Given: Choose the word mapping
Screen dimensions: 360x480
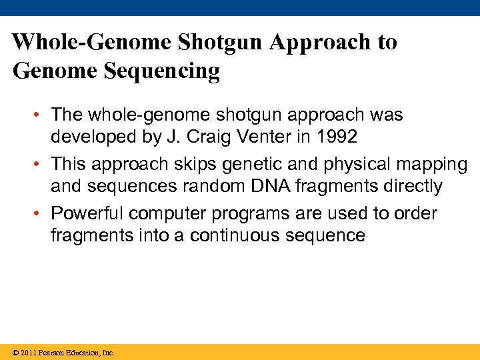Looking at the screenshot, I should tap(435, 163).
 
